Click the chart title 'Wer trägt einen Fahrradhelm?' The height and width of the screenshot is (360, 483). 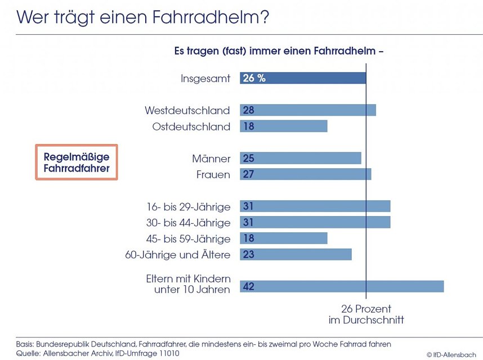(x=143, y=17)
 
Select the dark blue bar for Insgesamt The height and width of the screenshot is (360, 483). (x=303, y=78)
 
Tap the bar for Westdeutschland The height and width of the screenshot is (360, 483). (x=308, y=110)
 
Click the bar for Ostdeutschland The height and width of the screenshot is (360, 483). (x=284, y=127)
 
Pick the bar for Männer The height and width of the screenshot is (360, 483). (x=301, y=159)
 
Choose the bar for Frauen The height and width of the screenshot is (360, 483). (x=306, y=174)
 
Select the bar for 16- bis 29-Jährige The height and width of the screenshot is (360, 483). (x=315, y=206)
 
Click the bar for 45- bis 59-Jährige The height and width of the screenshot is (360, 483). (x=284, y=238)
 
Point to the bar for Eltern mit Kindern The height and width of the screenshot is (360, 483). (x=342, y=286)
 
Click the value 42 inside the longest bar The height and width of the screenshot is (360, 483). (x=249, y=287)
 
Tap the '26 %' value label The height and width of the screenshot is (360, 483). (x=254, y=78)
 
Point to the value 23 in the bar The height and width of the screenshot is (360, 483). (x=249, y=255)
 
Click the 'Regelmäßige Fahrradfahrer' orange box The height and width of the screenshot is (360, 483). (x=77, y=162)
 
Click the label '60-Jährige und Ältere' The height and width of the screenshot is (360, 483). (x=178, y=255)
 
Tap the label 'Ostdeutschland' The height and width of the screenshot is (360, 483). (x=191, y=127)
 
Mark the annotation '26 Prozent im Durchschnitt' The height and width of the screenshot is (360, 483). (x=366, y=314)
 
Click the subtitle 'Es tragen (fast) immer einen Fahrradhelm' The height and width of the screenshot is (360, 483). (x=279, y=51)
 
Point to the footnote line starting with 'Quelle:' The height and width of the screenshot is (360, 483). (x=98, y=353)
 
